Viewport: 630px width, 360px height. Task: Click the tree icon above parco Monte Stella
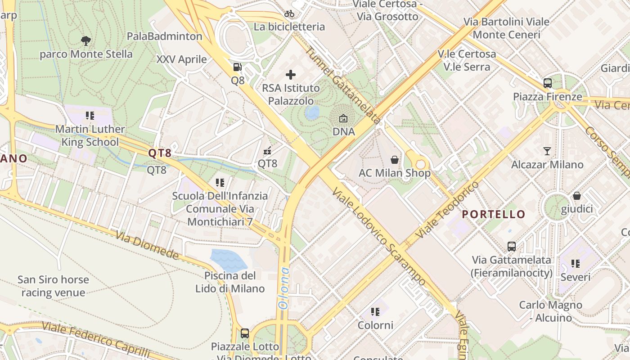[x=86, y=41]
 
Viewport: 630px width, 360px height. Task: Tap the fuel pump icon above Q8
[x=237, y=67]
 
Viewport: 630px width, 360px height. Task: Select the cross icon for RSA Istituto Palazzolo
[x=291, y=75]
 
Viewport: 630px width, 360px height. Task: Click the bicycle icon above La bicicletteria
[x=289, y=13]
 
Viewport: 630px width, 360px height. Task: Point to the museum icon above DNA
[x=343, y=119]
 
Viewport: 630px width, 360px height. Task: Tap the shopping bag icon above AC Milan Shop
[x=394, y=160]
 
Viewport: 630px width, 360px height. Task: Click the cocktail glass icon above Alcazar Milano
[x=547, y=151]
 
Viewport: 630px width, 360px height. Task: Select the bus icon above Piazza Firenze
[x=547, y=83]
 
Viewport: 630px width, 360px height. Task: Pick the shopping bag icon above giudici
[x=576, y=196]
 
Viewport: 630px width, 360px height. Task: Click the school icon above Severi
[x=575, y=263]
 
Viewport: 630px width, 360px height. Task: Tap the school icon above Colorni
[x=375, y=311]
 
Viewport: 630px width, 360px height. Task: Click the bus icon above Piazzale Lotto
[x=244, y=333]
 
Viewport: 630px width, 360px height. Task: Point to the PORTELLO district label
[x=494, y=214]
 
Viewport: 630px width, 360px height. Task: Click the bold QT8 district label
[x=160, y=153]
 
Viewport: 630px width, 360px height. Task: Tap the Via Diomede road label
[x=147, y=245]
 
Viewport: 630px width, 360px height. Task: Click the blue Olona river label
[x=283, y=288]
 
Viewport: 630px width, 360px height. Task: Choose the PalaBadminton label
[x=164, y=36]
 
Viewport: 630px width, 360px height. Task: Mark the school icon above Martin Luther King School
[x=90, y=116]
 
